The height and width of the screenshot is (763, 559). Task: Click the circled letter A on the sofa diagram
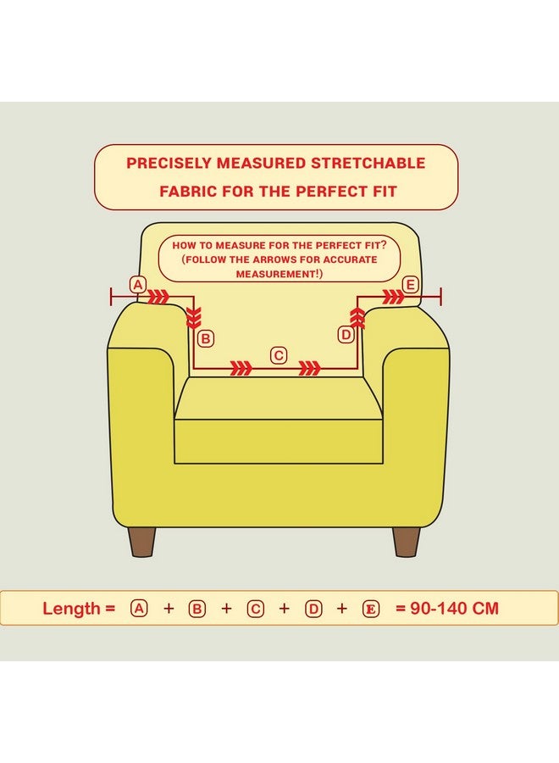138,285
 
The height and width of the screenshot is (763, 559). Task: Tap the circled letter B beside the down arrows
206,338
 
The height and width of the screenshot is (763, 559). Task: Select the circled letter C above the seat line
279,356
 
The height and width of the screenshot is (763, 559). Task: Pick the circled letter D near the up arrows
346,335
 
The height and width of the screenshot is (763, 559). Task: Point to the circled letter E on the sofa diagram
411,285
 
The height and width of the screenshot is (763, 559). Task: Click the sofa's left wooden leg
142,541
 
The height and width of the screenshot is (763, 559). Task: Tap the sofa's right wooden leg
407,541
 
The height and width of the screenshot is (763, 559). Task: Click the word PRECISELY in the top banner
169,163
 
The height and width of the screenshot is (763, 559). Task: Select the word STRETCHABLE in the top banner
368,163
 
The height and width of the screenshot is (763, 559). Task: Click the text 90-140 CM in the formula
455,608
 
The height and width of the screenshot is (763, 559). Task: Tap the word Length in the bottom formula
71,609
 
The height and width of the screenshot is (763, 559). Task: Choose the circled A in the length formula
139,608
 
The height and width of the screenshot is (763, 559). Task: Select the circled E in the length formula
371,609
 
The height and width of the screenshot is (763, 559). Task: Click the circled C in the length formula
255,609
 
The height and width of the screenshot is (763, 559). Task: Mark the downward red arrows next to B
194,317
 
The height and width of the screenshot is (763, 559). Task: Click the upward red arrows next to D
357,318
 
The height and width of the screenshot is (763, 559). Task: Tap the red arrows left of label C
241,369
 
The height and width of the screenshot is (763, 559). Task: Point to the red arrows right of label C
310,369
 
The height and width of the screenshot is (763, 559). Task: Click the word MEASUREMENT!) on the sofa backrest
279,274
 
